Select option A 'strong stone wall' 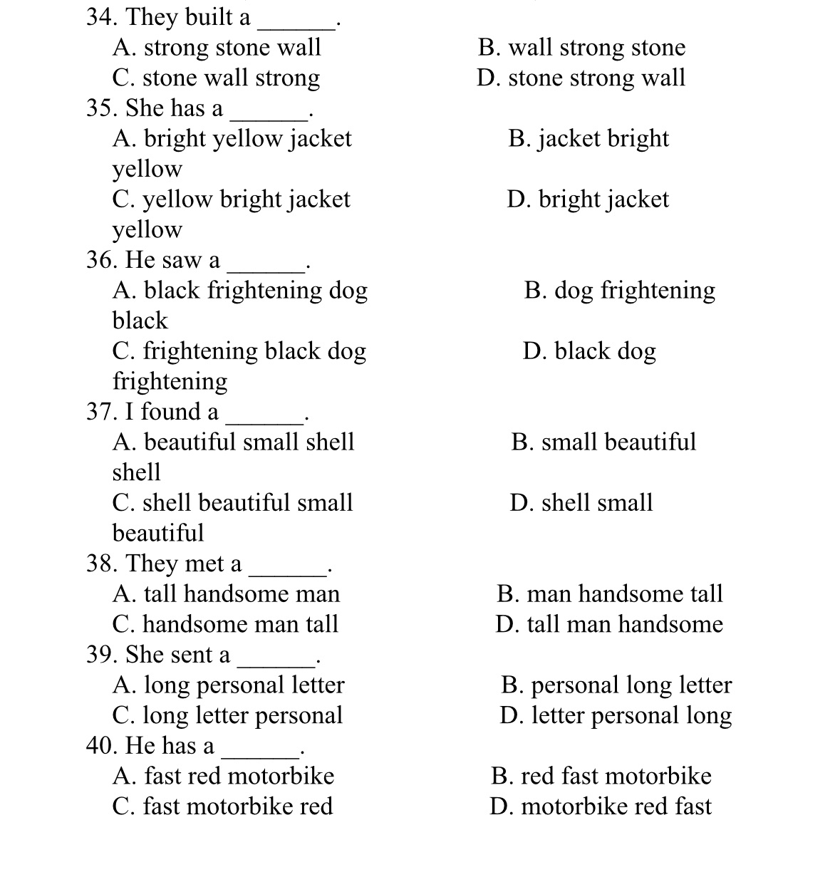(x=217, y=48)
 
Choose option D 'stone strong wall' (x=581, y=78)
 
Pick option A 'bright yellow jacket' (x=232, y=138)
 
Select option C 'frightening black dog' (x=239, y=351)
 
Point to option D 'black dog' (x=588, y=351)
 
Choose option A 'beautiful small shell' (x=233, y=442)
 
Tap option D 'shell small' (x=581, y=502)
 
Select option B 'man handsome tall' (x=609, y=593)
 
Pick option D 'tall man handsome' (x=609, y=624)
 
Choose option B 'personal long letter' (x=616, y=685)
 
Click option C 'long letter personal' (x=227, y=715)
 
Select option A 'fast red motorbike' (x=223, y=776)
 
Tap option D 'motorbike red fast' (x=600, y=806)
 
